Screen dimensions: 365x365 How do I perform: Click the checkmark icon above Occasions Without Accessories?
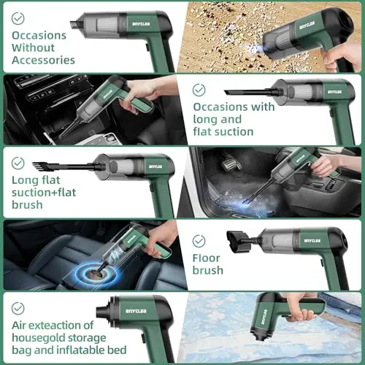(x=18, y=18)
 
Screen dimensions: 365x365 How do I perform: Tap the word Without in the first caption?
(x=33, y=47)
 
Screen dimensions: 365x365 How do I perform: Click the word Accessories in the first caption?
(x=43, y=60)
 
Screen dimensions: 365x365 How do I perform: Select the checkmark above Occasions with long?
(x=199, y=90)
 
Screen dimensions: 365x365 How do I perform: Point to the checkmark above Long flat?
(x=18, y=163)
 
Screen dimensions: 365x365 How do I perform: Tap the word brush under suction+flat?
(x=27, y=205)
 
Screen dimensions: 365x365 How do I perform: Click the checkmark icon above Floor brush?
(x=199, y=241)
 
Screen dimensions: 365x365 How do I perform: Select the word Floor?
(x=206, y=258)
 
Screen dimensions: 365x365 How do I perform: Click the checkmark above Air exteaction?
(x=18, y=308)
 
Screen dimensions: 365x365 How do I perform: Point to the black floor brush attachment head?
(x=238, y=242)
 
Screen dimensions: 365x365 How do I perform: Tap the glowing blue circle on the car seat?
(x=96, y=275)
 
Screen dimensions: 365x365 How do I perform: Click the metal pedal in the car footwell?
(x=230, y=164)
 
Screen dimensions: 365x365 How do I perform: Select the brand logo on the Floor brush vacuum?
(x=312, y=241)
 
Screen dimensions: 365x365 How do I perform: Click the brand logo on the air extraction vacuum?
(x=136, y=311)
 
